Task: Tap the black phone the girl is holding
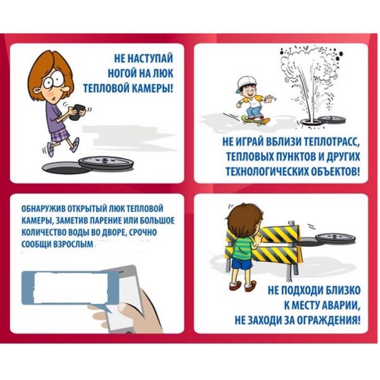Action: (77, 112)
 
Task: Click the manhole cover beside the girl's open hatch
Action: (106, 163)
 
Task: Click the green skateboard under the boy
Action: (256, 120)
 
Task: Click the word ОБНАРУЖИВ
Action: (44, 209)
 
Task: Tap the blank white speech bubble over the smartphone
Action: (70, 288)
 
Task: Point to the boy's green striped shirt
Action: (243, 247)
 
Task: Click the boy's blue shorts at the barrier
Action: (242, 264)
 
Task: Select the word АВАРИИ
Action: (341, 305)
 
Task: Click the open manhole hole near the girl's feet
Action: (65, 168)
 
